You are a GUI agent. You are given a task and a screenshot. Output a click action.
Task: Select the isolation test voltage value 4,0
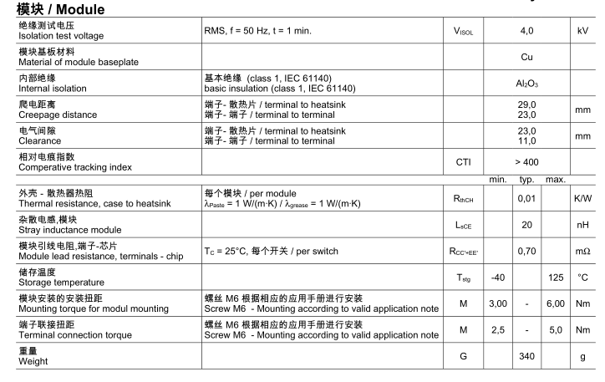point(526,31)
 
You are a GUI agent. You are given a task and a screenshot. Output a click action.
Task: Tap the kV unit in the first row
point(582,31)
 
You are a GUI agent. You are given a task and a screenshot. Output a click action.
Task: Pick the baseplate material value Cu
point(526,59)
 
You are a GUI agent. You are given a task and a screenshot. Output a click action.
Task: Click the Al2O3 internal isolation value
point(526,84)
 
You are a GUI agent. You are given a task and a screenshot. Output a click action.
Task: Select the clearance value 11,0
point(526,141)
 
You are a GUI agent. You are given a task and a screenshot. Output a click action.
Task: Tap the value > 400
point(526,162)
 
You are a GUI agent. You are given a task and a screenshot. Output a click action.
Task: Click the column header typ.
point(526,180)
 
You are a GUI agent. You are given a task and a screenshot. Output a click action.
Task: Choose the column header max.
point(555,180)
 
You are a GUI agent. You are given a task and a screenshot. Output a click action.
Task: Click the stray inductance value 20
point(526,225)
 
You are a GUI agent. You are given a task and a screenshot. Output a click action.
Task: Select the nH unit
point(582,225)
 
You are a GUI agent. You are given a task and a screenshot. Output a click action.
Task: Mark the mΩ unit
point(582,251)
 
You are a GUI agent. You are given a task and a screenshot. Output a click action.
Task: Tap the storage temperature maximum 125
point(555,278)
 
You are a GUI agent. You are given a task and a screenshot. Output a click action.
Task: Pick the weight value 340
point(526,355)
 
